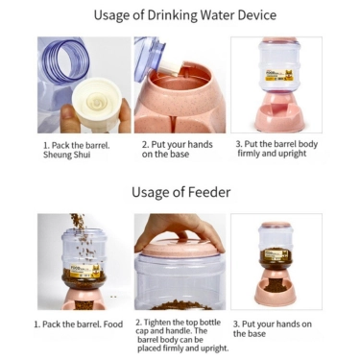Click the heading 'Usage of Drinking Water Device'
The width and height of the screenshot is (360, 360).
(185, 15)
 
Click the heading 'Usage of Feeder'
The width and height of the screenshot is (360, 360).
(180, 192)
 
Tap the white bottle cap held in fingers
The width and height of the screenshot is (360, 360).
(97, 104)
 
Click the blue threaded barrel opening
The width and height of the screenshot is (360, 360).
(68, 61)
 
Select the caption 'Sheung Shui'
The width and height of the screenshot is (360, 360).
(67, 155)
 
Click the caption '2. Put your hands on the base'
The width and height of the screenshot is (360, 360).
(178, 149)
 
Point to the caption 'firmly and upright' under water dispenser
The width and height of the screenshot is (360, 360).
(272, 154)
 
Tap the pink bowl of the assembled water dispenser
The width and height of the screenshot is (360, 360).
(279, 118)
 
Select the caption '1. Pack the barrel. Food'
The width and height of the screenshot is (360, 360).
(79, 324)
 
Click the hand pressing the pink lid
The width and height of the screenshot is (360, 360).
(180, 230)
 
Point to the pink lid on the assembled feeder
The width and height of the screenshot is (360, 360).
(276, 225)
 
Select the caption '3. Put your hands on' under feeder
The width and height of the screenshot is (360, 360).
(273, 324)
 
